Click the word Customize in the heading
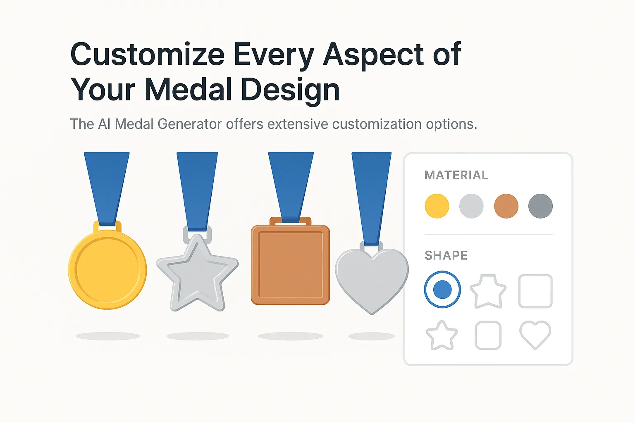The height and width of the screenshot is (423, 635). coord(147,55)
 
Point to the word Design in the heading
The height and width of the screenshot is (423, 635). coord(290,90)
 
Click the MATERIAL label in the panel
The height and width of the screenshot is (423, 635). coord(456,175)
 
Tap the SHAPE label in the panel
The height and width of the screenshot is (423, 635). coord(446,255)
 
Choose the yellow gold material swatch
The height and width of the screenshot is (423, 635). coord(437,206)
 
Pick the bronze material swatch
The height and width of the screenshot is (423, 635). coord(506,206)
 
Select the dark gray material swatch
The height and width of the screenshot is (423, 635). coord(541,206)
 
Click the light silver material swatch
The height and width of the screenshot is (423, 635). coord(471,206)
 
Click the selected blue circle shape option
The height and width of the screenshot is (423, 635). coord(442,289)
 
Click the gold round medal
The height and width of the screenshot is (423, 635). coord(107,269)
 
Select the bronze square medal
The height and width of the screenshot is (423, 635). coord(290,264)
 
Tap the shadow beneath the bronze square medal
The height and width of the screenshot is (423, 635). coord(291,336)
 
